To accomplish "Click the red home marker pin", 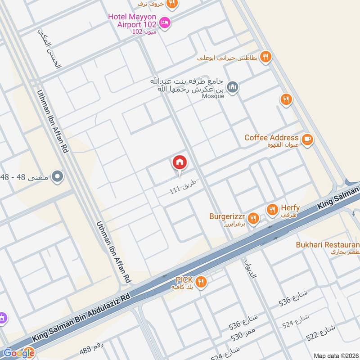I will click(180, 163).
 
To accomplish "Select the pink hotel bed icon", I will click(165, 22).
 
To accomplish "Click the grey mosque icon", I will click(232, 86).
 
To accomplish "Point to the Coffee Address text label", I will click(271, 138).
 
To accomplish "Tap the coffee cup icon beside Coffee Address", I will click(308, 139).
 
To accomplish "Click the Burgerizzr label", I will click(227, 216).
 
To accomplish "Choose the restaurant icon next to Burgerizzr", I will click(253, 218).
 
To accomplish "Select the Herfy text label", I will click(290, 207).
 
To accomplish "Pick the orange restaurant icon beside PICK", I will click(201, 282).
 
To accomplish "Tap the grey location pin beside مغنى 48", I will click(57, 176).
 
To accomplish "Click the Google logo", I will click(18, 353).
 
